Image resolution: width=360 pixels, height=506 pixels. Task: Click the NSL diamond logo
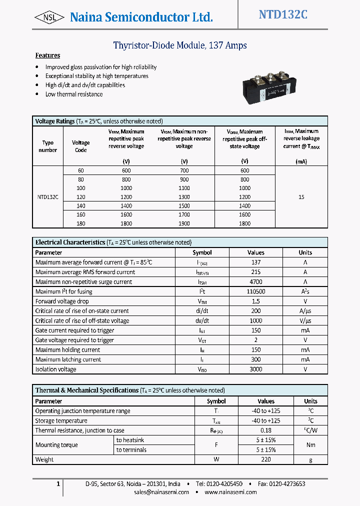click(x=49, y=17)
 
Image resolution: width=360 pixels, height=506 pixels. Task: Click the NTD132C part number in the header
click(x=283, y=15)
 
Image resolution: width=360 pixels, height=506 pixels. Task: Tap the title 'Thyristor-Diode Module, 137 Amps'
click(x=180, y=45)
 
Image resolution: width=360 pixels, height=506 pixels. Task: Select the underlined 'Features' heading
click(x=47, y=55)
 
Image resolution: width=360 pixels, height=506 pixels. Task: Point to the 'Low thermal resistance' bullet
click(x=74, y=94)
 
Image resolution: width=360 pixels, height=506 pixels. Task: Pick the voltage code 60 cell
click(x=80, y=170)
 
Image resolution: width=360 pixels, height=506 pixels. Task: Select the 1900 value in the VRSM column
click(x=184, y=223)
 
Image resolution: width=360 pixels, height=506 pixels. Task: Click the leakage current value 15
click(x=301, y=197)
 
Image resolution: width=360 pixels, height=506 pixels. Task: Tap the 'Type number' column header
click(x=48, y=146)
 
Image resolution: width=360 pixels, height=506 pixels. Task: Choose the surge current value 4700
click(x=255, y=282)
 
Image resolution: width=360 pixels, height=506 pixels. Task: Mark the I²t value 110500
click(x=255, y=291)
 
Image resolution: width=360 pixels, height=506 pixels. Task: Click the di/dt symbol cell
click(x=202, y=311)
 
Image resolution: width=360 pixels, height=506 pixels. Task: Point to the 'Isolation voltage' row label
click(x=56, y=369)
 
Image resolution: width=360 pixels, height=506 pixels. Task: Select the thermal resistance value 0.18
click(x=266, y=430)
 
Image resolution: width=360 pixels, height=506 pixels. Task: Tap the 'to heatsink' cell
click(x=131, y=440)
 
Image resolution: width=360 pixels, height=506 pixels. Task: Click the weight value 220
click(x=266, y=459)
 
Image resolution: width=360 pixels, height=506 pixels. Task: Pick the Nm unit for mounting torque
click(x=310, y=445)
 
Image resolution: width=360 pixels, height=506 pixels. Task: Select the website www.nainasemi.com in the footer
click(x=230, y=492)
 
